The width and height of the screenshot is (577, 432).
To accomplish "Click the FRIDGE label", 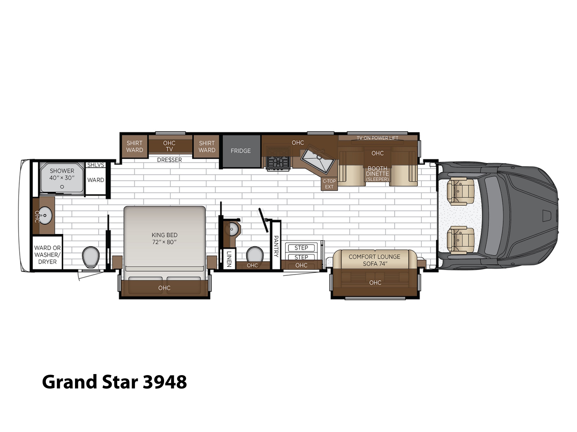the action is coord(241,151).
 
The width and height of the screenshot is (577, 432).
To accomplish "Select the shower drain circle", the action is coord(62,187).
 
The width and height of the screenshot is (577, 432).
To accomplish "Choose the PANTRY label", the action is coord(276,246).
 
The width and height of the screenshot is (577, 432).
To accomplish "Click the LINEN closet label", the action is coord(229,259).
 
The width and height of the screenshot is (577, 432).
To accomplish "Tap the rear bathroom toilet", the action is coord(91,257).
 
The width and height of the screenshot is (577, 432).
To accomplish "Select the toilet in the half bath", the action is coord(255,254).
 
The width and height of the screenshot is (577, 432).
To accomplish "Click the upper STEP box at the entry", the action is coord(301,248).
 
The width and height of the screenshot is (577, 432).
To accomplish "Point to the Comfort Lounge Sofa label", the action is coord(374,260).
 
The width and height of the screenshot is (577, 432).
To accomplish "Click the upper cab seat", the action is coord(460,191).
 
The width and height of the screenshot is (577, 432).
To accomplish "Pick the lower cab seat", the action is coord(460,240).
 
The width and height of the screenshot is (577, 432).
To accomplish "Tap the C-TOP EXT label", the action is coord(329,184).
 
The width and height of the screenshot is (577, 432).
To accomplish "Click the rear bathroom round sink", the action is coord(45,215).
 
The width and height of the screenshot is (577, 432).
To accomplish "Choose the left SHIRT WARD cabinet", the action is coord(135,147).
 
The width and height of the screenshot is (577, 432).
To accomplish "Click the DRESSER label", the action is coord(169,160).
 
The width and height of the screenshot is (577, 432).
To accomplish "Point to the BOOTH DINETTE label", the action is coord(378,171).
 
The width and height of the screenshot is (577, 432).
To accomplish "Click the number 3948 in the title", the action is coord(165,382).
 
